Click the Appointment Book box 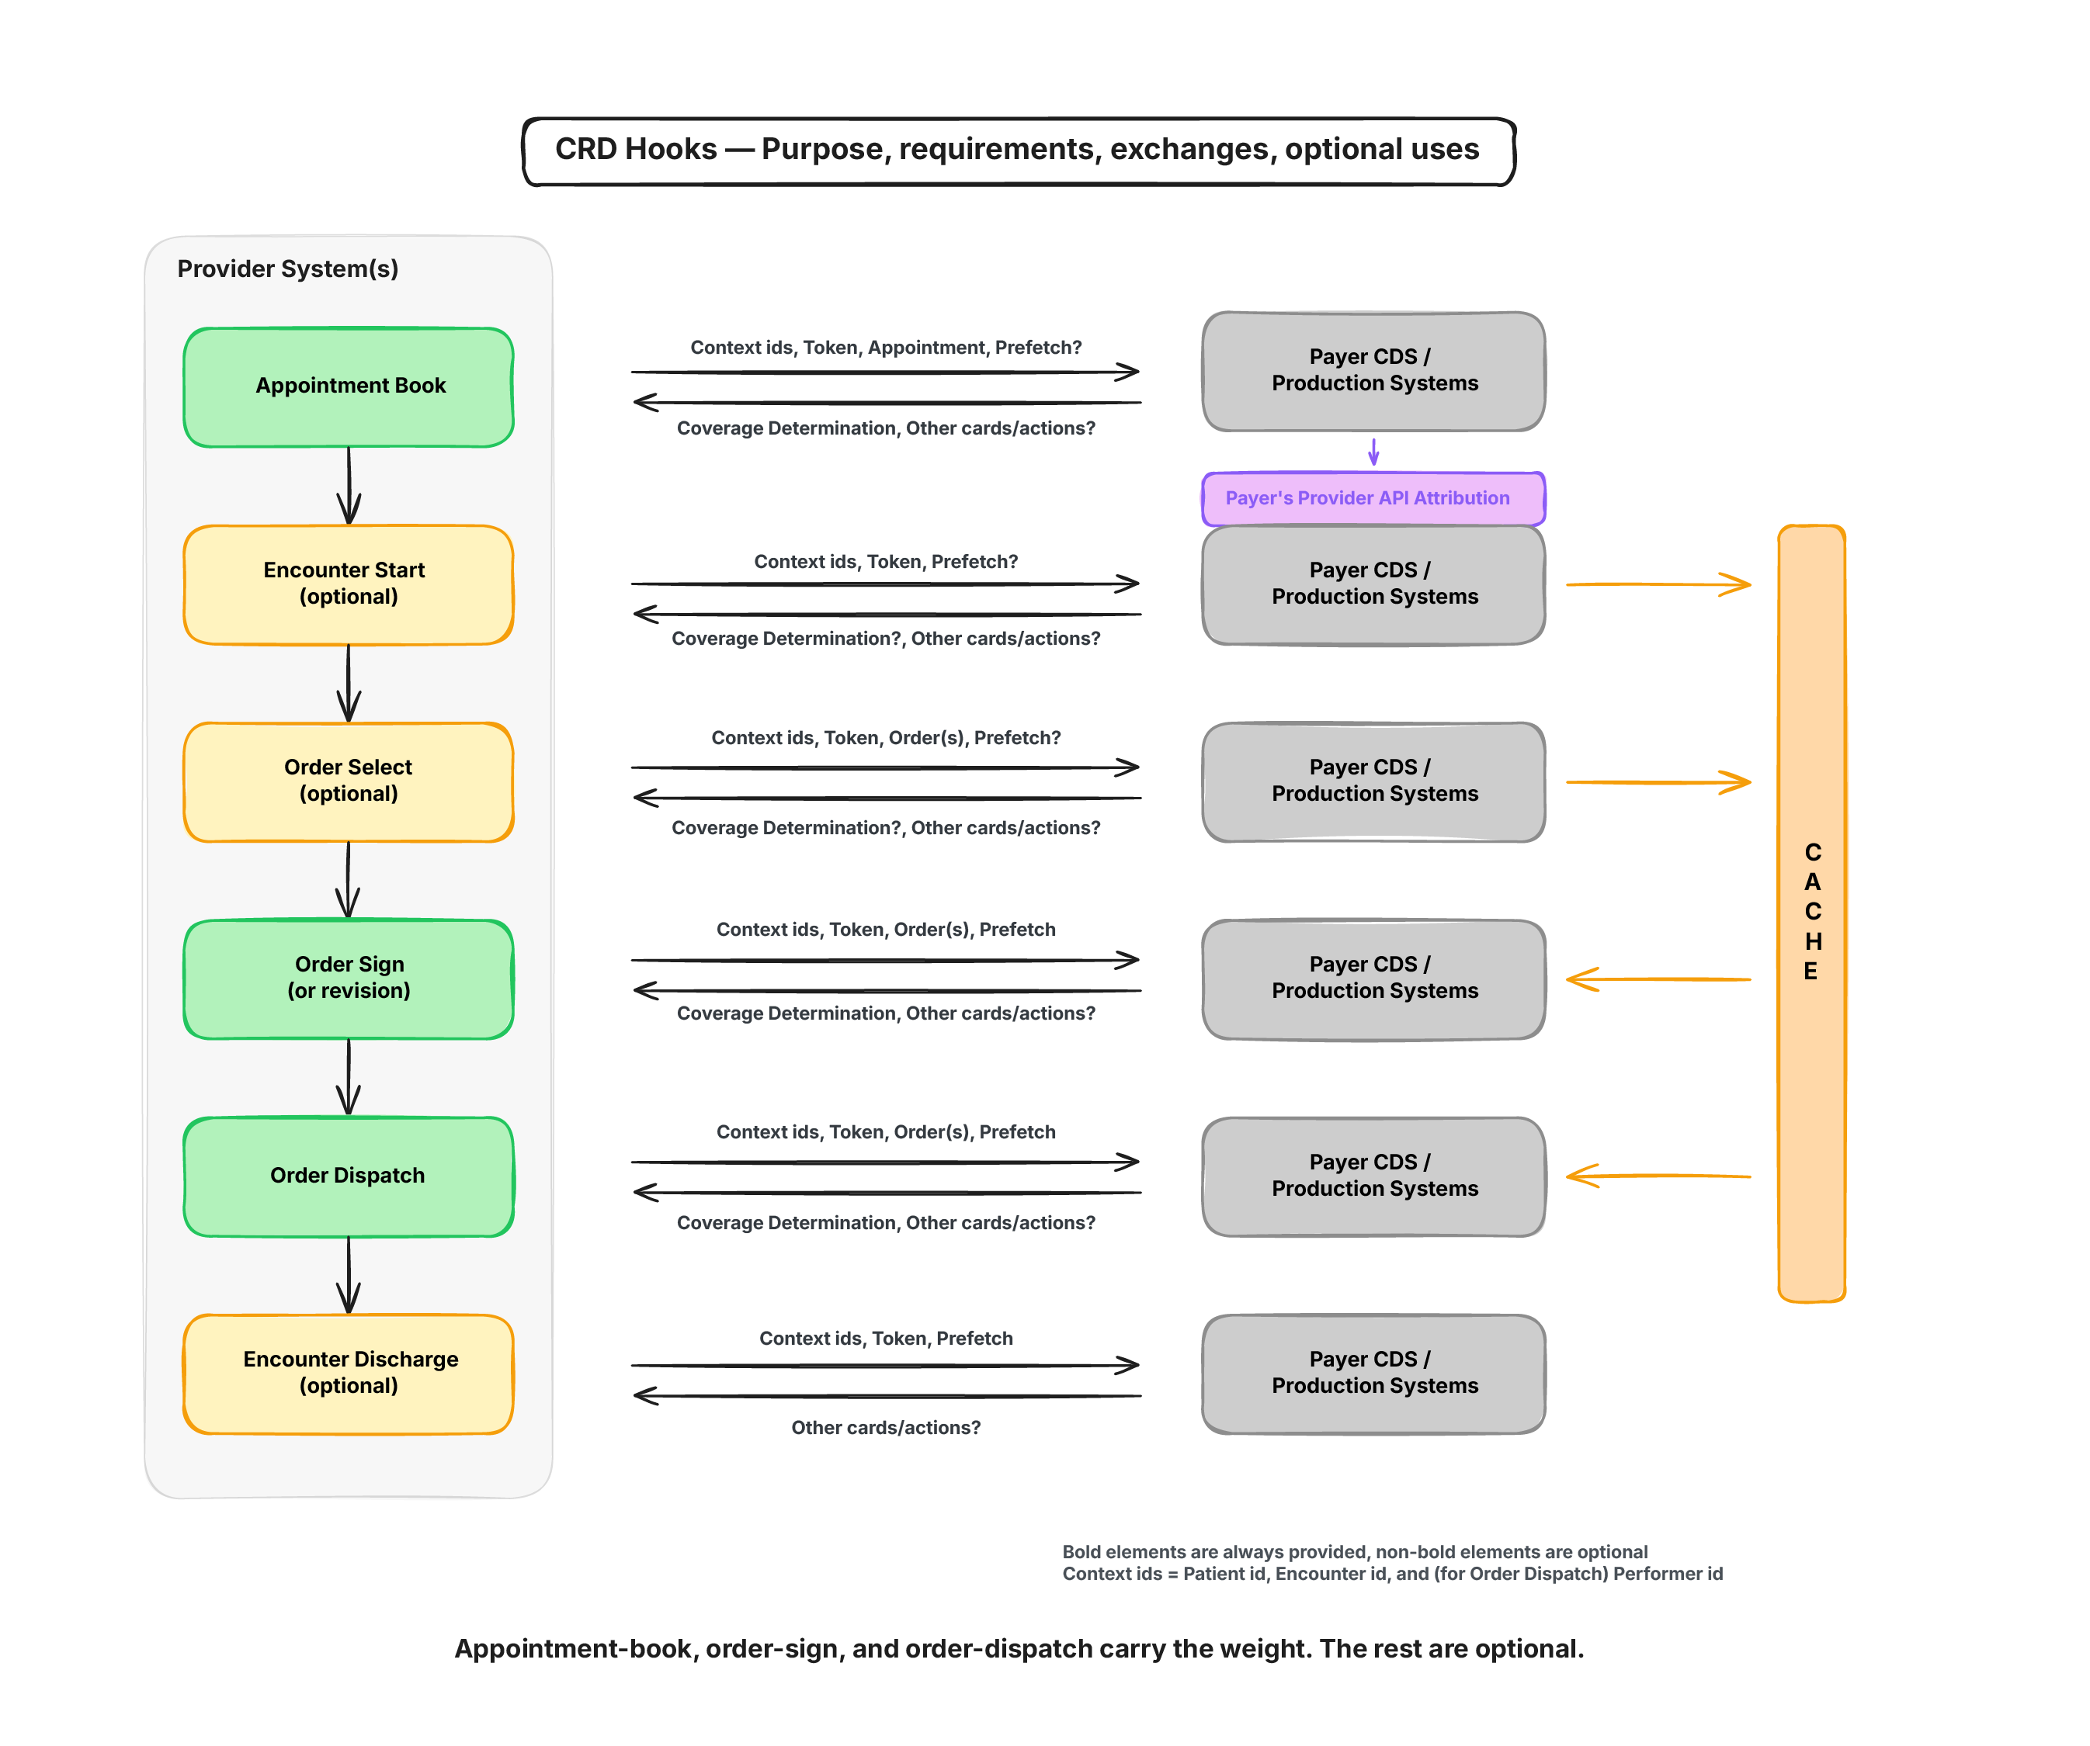point(349,387)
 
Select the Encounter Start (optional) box point(349,584)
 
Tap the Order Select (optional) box point(349,782)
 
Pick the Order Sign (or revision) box point(349,979)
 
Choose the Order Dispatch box point(349,1176)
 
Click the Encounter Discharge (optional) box point(349,1374)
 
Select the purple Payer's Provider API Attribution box point(1373,498)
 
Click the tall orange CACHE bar point(1811,913)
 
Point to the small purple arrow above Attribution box point(1373,452)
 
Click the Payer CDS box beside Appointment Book point(1373,371)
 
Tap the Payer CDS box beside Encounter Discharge point(1373,1374)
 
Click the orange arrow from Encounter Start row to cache point(1658,584)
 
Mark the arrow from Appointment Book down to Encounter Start point(349,486)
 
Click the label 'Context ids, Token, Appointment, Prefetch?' point(886,347)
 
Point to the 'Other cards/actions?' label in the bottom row point(886,1428)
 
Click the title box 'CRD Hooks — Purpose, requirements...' point(1019,151)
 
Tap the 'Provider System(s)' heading point(287,268)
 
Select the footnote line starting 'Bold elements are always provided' point(1355,1552)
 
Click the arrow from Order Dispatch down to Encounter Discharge point(349,1276)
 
